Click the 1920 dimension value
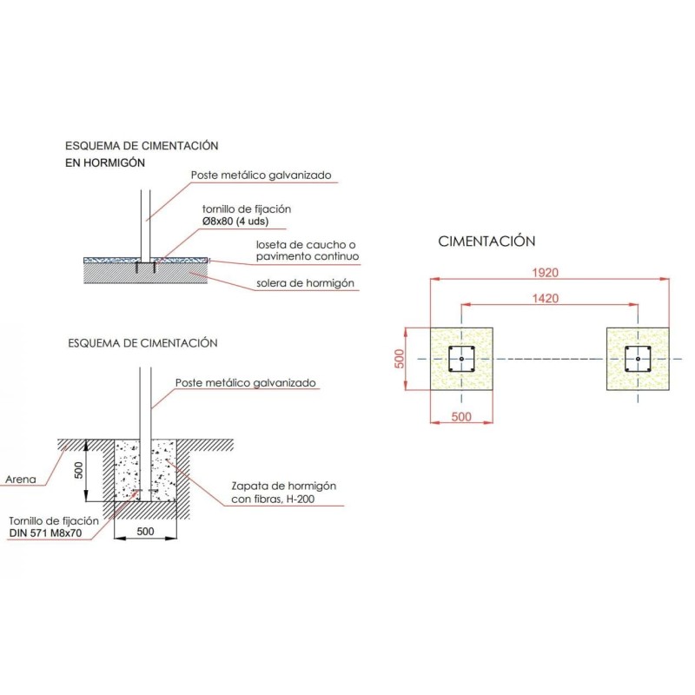pyautogui.click(x=545, y=272)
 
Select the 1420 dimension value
pyautogui.click(x=545, y=298)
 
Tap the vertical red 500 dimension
pyautogui.click(x=400, y=359)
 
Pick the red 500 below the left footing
pyautogui.click(x=461, y=417)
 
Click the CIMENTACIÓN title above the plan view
pyautogui.click(x=486, y=242)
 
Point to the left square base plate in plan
pyautogui.click(x=461, y=359)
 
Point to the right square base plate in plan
pyautogui.click(x=638, y=359)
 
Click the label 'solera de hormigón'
pyautogui.click(x=305, y=283)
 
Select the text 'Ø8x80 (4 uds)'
pyautogui.click(x=235, y=222)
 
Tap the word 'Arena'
pyautogui.click(x=20, y=480)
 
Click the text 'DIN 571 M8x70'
pyautogui.click(x=45, y=533)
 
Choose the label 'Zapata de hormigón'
pyautogui.click(x=284, y=486)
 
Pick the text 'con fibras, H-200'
pyautogui.click(x=273, y=499)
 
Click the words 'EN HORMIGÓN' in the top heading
pyautogui.click(x=105, y=162)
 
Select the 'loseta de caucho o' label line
pyautogui.click(x=306, y=245)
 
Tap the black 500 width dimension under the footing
pyautogui.click(x=145, y=531)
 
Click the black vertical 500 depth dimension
pyautogui.click(x=78, y=470)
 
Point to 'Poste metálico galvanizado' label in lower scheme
pyautogui.click(x=246, y=382)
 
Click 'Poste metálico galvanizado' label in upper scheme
pyautogui.click(x=261, y=175)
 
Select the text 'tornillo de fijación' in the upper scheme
pyautogui.click(x=247, y=208)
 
